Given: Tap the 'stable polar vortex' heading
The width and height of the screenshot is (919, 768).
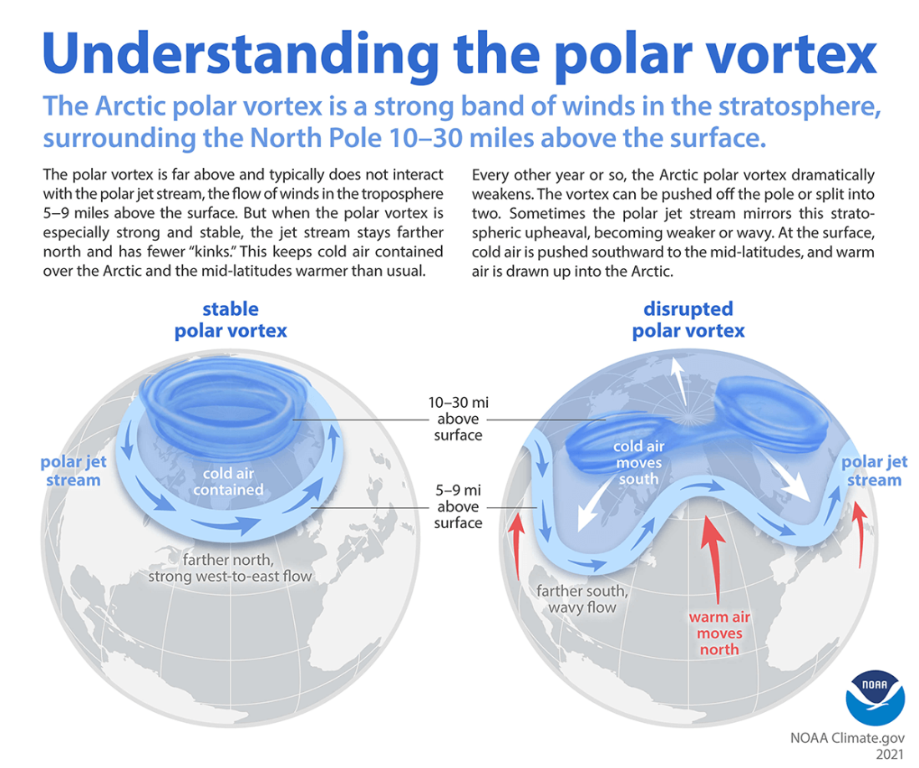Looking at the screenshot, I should [x=230, y=320].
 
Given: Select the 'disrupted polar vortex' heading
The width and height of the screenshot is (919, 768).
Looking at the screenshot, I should [x=688, y=320].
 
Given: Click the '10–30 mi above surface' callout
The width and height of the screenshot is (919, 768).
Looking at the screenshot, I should [x=458, y=419].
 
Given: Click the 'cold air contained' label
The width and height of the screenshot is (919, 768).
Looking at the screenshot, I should [x=228, y=482].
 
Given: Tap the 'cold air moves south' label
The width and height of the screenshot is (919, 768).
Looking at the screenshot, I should [x=638, y=462].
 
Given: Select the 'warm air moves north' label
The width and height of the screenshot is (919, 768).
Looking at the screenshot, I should [x=715, y=633].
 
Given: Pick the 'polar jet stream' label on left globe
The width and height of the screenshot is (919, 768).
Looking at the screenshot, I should [x=74, y=470].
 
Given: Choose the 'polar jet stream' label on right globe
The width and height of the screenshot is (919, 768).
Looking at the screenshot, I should [x=873, y=470].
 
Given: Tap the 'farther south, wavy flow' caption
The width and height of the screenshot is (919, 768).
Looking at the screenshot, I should [x=582, y=599].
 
